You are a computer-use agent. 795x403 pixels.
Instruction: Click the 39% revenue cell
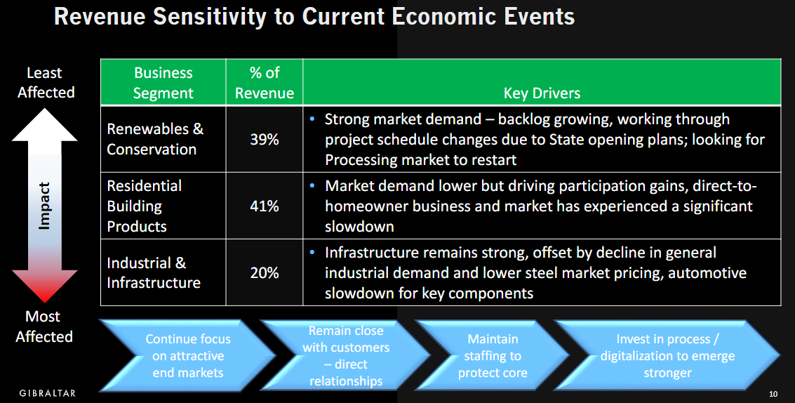click(264, 139)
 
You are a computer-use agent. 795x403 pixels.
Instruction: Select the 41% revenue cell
click(264, 206)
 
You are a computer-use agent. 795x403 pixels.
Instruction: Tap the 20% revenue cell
click(264, 272)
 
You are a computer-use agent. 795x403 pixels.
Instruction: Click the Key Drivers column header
click(542, 93)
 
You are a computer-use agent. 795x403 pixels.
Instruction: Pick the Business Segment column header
click(163, 83)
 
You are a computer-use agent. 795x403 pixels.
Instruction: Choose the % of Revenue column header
click(264, 83)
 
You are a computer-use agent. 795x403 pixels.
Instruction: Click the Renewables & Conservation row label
click(154, 139)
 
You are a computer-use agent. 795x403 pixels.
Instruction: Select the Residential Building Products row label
click(144, 206)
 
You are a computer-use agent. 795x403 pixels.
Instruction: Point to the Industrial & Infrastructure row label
click(154, 272)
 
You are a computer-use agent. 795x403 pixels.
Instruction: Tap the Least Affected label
click(45, 82)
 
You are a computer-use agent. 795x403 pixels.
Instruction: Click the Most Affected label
click(44, 326)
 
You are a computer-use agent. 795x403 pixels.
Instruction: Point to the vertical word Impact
click(45, 206)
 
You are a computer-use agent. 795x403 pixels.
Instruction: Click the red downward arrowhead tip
click(45, 303)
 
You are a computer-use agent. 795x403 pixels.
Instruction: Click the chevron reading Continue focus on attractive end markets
click(187, 355)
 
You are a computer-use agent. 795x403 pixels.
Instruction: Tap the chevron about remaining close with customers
click(346, 355)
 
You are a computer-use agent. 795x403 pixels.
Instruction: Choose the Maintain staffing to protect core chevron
click(493, 355)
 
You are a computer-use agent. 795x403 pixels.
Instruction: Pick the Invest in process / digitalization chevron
click(667, 355)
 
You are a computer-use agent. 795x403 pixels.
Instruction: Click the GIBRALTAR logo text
click(48, 393)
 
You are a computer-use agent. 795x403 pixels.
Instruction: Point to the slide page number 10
click(773, 394)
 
